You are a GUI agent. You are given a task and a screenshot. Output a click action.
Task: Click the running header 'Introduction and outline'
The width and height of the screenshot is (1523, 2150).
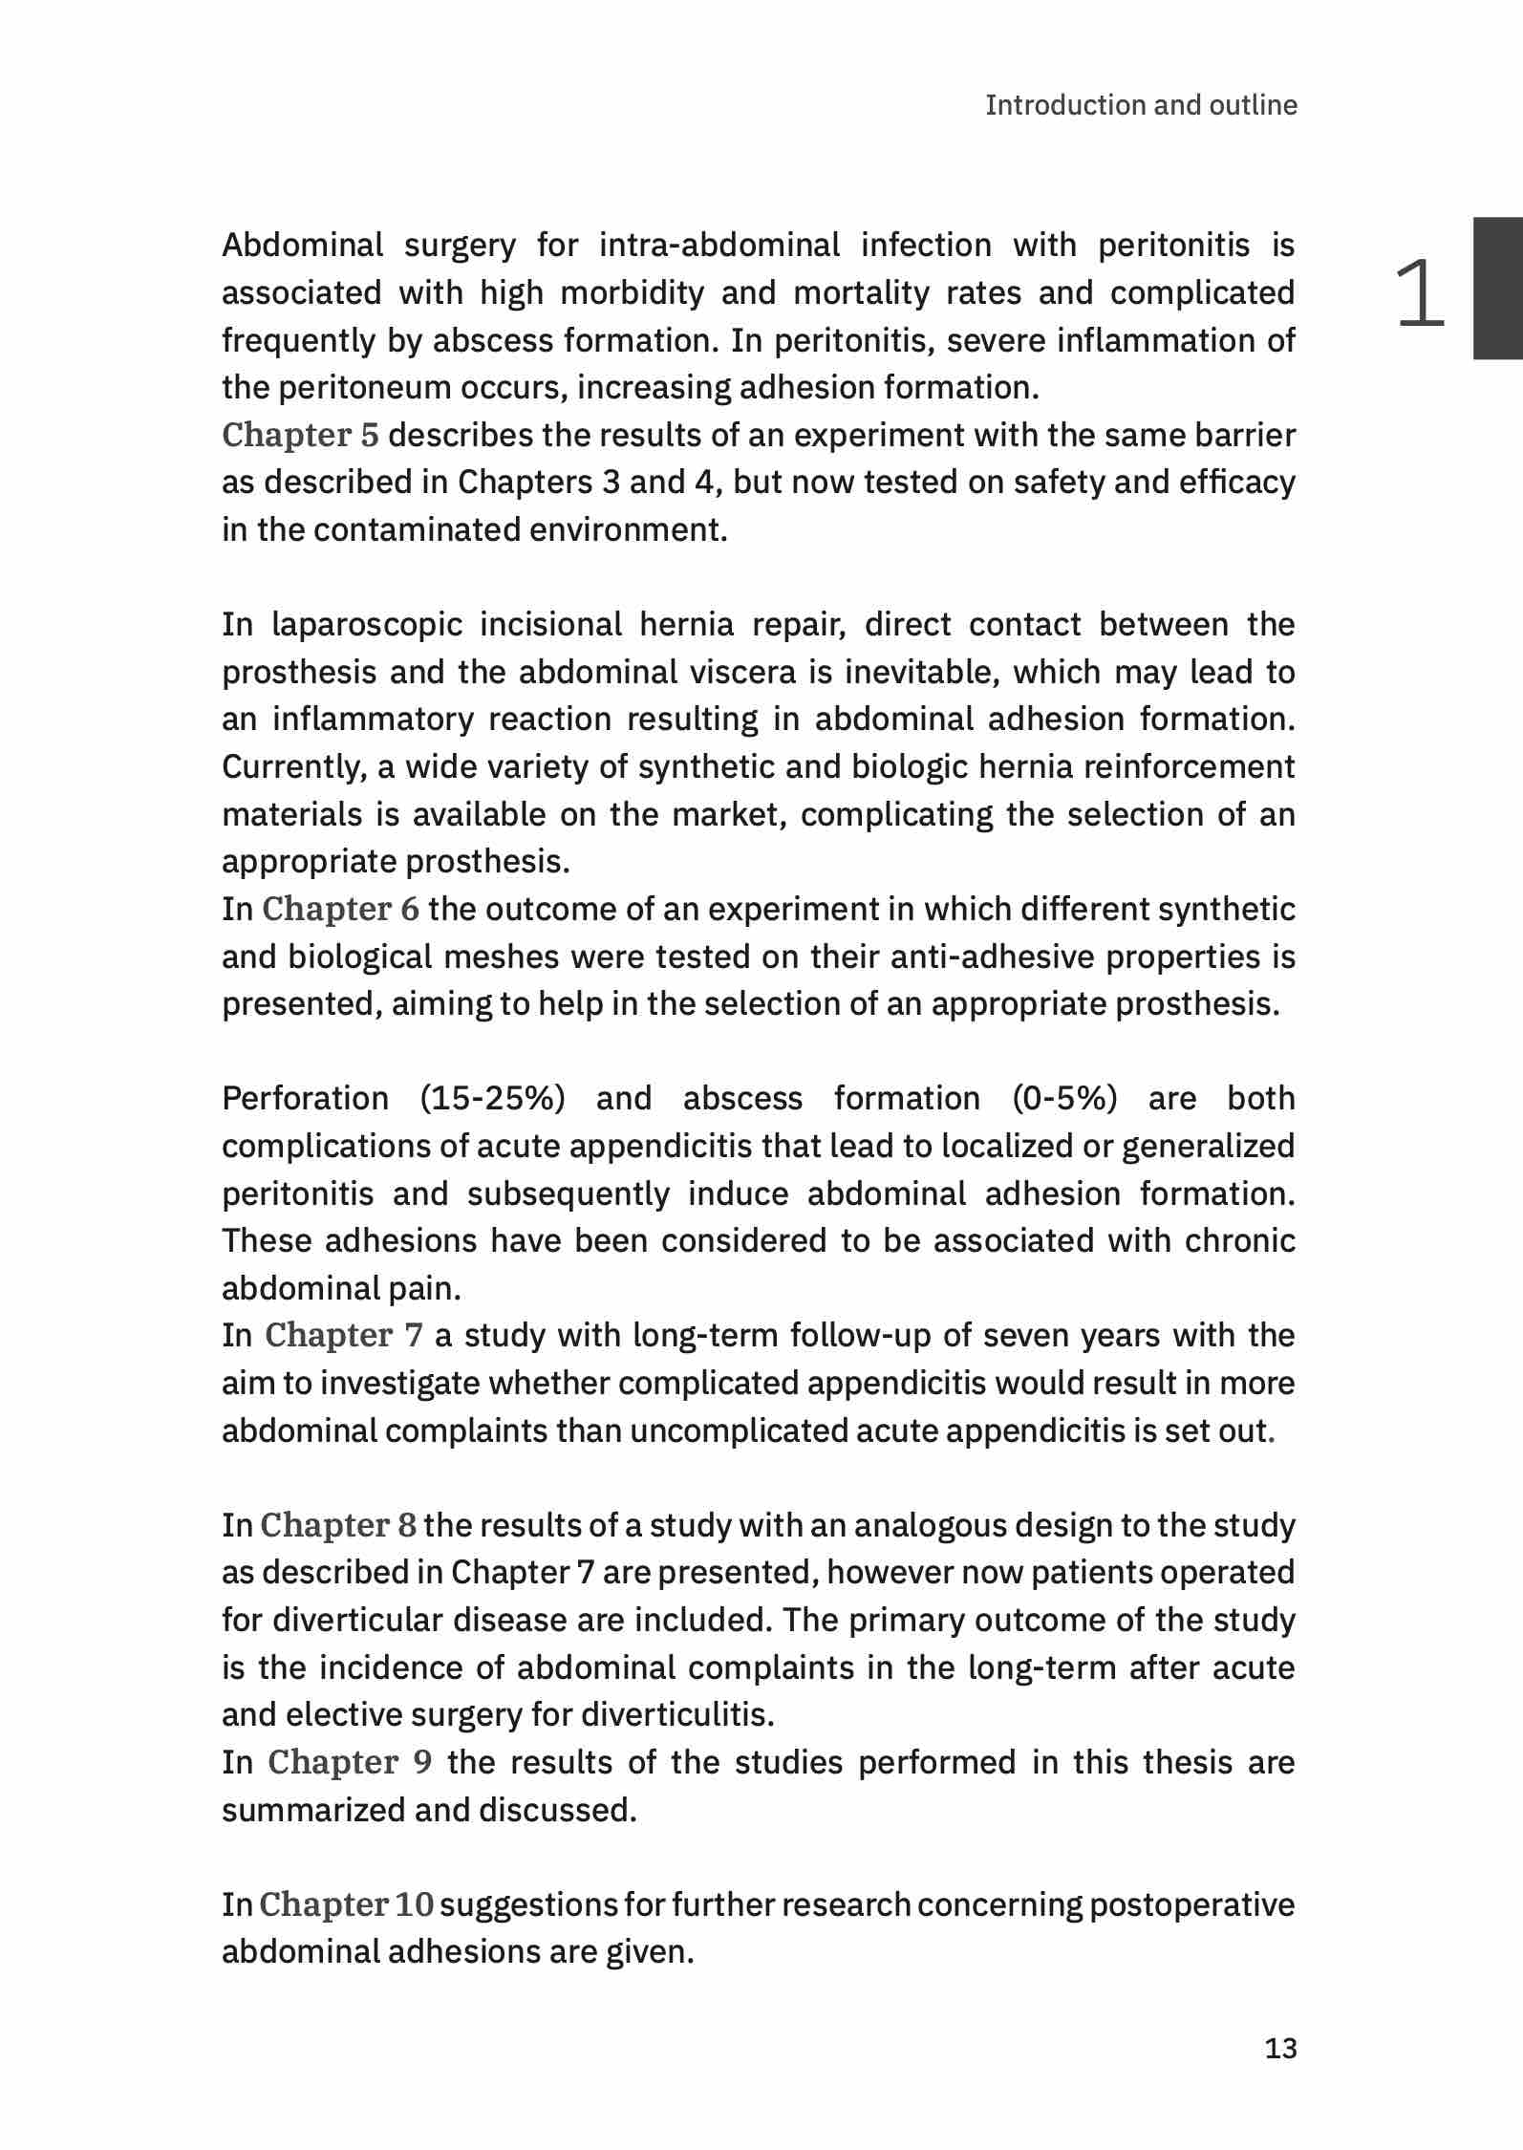point(1141,105)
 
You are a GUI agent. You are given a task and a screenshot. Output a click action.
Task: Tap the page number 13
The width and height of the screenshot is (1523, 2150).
point(1280,2048)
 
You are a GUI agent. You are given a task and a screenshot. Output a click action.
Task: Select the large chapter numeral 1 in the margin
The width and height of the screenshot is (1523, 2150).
point(1420,293)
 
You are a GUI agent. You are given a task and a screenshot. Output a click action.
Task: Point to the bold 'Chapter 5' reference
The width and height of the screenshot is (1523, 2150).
point(300,435)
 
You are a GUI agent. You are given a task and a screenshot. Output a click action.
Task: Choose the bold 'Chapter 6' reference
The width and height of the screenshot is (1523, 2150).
point(340,909)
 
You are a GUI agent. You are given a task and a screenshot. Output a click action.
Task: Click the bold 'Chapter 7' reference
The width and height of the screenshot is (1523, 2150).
point(343,1335)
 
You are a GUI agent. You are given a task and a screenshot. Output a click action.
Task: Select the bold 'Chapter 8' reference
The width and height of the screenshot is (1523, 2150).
point(338,1525)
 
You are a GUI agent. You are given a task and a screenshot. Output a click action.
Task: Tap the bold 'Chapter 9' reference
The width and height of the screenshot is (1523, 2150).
point(349,1762)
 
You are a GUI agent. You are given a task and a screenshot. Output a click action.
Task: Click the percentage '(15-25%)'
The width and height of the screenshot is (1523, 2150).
point(492,1099)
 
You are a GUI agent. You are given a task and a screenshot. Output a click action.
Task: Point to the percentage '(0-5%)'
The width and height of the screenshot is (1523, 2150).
point(1064,1099)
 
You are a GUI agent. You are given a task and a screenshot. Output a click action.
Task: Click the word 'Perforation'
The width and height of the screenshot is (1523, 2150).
point(305,1099)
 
